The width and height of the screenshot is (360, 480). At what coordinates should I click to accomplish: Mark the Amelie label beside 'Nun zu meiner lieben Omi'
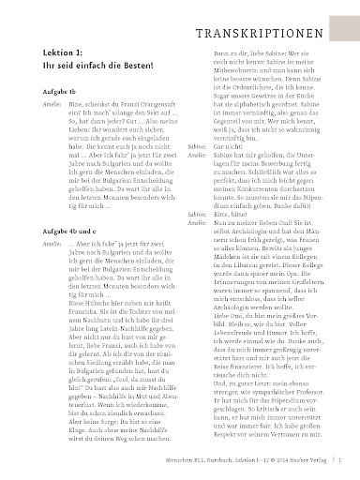[197, 223]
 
